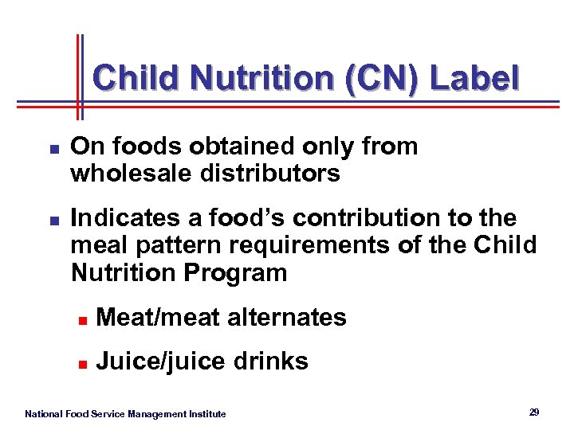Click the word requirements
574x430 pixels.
pos(311,245)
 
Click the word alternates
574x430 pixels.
pos(287,318)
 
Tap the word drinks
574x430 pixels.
pos(272,362)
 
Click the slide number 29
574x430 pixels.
pos(534,412)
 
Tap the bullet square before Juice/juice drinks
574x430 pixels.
pos(82,364)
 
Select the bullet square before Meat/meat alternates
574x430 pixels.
pos(82,320)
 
